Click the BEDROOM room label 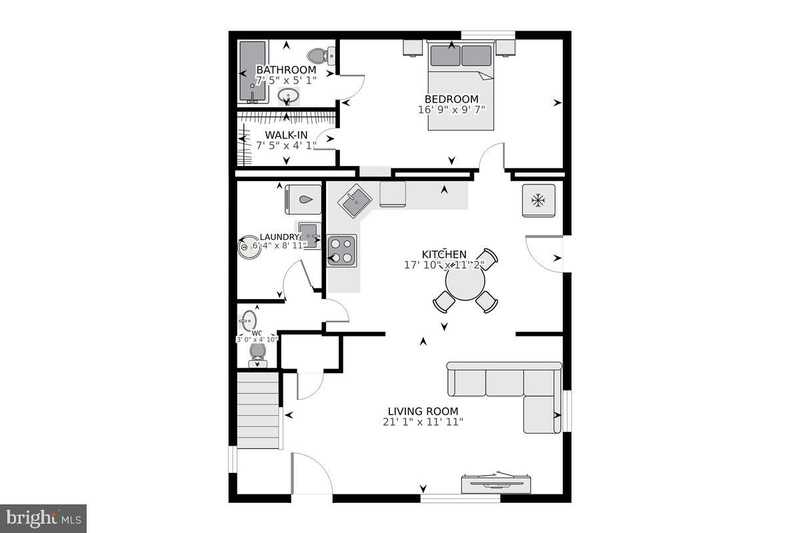[452, 99]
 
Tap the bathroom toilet [317, 55]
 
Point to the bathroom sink [287, 97]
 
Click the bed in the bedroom [460, 83]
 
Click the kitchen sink [354, 199]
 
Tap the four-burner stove [341, 251]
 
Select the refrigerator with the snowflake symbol [538, 199]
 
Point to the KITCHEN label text [444, 254]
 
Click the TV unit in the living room [497, 482]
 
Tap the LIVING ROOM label [423, 411]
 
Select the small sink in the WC [249, 319]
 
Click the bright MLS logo [43, 518]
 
